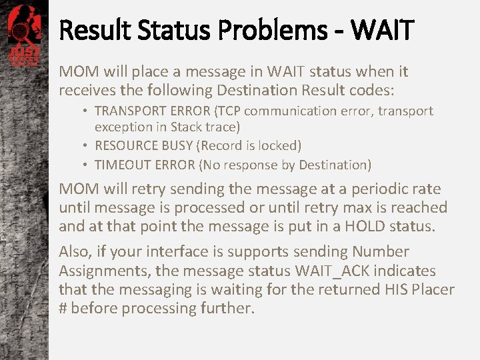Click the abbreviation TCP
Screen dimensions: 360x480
(x=223, y=111)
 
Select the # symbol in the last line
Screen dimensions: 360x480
(x=63, y=309)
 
